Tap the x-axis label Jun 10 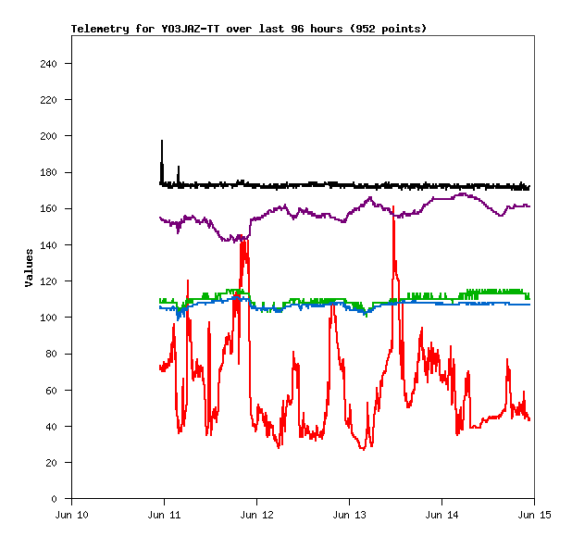tap(72, 515)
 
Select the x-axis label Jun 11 tap(164, 515)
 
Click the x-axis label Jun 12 tap(256, 515)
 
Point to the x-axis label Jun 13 tap(349, 515)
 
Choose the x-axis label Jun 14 tap(441, 515)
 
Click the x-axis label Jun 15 tap(533, 515)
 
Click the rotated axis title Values tap(29, 267)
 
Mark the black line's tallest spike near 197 tap(162, 142)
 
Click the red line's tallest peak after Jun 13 tap(393, 208)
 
